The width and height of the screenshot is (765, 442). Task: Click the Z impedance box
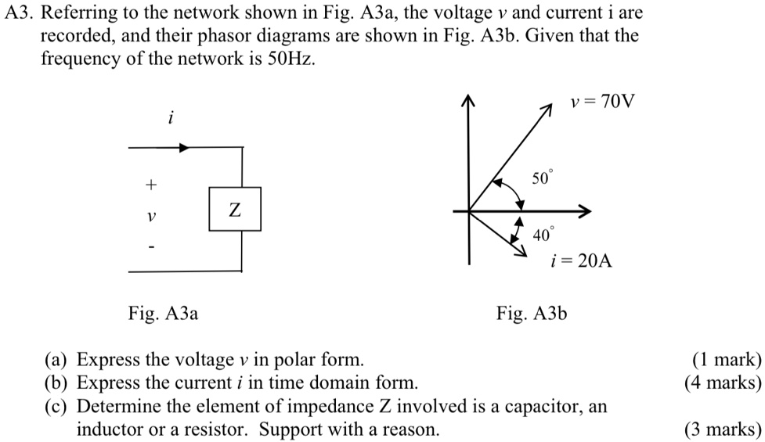click(x=235, y=209)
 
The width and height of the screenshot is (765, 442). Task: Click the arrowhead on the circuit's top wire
click(x=182, y=147)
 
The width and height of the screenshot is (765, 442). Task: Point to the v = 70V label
click(x=604, y=102)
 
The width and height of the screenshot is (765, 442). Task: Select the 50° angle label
click(x=542, y=178)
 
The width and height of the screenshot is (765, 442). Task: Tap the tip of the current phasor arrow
click(x=523, y=254)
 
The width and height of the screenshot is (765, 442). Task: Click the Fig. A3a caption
click(x=163, y=314)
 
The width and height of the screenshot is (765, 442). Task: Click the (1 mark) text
click(x=726, y=360)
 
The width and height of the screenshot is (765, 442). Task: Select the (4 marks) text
click(x=722, y=383)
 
